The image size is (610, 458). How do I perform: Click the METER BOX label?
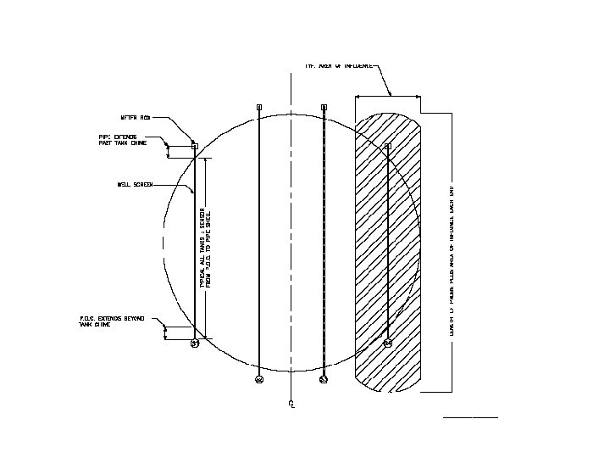coord(136,118)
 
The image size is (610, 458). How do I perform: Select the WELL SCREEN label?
coord(134,184)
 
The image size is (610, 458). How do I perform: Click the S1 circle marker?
coord(195,343)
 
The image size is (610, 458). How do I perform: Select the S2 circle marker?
coord(259,379)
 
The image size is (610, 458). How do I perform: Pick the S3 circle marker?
coord(324,379)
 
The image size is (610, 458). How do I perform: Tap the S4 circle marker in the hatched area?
coord(388,343)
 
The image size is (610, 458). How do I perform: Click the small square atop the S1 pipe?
coord(195,146)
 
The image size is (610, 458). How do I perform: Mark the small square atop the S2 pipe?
coord(259,107)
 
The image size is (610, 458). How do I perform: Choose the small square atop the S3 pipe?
coord(324,107)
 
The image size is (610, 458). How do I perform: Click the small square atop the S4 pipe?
coord(388,147)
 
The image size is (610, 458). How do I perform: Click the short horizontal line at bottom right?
coord(470,417)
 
